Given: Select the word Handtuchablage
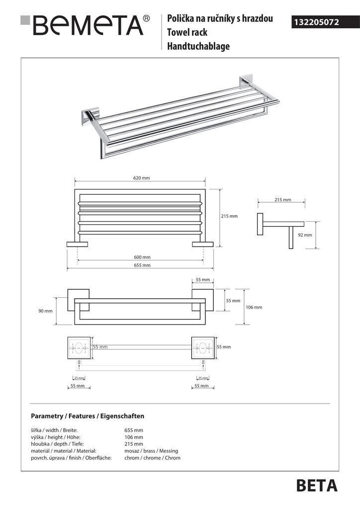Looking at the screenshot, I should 198,47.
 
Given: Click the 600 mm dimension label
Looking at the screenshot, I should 142,257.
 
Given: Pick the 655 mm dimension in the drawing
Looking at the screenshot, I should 142,265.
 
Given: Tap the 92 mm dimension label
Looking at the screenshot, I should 305,235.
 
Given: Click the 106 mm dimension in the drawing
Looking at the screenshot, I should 254,307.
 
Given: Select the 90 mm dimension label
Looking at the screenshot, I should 45,311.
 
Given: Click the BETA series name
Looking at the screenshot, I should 316,486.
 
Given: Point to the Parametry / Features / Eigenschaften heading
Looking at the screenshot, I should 88,416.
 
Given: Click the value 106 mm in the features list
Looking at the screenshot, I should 134,437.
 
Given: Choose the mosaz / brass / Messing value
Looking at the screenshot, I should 151,451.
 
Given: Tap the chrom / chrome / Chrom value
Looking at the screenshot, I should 152,458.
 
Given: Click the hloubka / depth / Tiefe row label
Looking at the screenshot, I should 57,444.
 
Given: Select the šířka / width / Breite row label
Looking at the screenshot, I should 54,430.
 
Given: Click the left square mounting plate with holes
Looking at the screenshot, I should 79,348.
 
